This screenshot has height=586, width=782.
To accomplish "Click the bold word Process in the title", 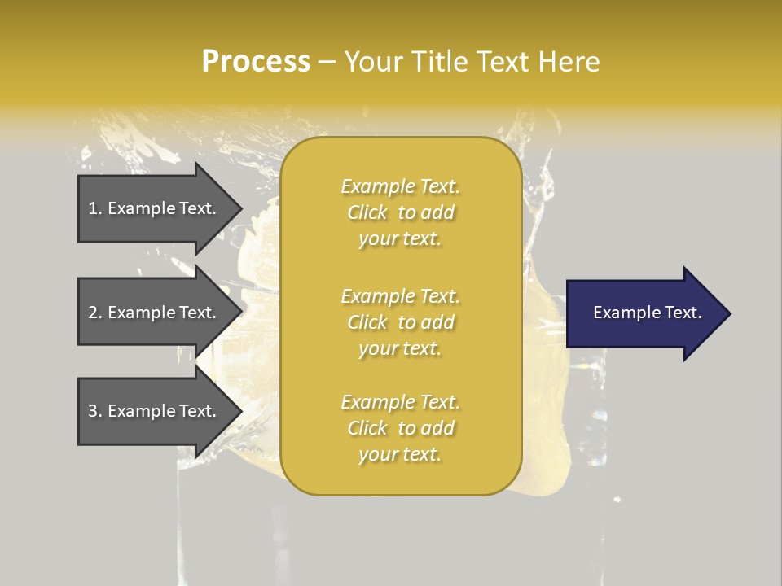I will pos(256,62).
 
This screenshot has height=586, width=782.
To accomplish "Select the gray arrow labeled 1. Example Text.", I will pos(155,208).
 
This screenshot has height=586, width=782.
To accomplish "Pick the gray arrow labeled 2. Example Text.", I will pos(155,313).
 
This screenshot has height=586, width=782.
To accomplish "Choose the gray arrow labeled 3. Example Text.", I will pos(155,411).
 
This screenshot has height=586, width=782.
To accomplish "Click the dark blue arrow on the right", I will pos(644,313).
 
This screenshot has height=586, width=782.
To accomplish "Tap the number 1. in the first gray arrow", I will pos(95,208).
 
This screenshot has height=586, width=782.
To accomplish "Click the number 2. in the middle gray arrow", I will pos(95,313).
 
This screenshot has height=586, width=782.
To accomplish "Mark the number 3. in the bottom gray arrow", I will pos(95,411).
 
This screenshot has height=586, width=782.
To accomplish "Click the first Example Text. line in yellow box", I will pos(400,186).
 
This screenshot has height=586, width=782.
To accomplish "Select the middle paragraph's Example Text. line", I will pos(400,296).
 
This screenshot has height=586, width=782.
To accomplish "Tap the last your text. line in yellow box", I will pos(400,455).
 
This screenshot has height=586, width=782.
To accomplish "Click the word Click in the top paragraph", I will pos(367,212).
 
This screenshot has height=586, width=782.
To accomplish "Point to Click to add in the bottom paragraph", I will pos(400,428).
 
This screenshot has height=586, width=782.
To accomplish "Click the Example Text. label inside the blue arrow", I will pos(647,313).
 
